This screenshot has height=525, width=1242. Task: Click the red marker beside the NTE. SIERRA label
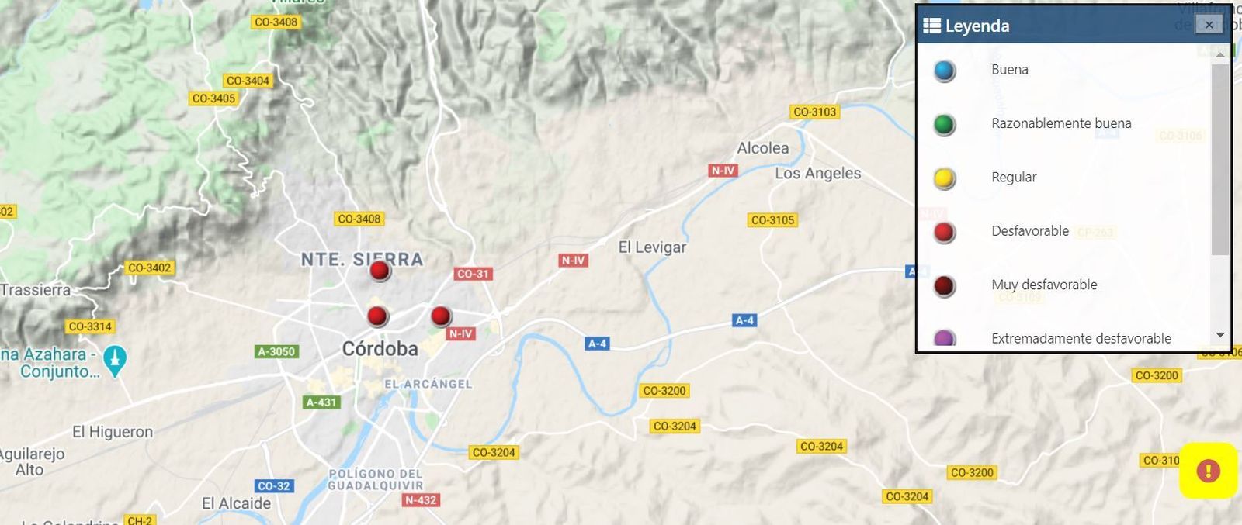coord(380,271)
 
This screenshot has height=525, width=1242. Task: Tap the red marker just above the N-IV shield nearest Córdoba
coord(441,316)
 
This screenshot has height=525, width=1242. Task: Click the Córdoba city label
coord(380,349)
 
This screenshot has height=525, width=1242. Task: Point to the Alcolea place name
coord(762,148)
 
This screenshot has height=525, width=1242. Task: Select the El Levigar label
coord(652,247)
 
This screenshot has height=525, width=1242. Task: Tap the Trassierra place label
coord(36,290)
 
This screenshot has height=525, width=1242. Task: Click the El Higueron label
coord(113,432)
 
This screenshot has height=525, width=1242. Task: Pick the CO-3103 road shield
coord(814,112)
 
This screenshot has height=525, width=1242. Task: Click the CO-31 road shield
coord(473,274)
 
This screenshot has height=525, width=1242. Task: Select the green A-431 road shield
coord(321,402)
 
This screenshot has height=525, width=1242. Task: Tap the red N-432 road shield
coord(421,500)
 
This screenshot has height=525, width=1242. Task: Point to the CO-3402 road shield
coord(149,268)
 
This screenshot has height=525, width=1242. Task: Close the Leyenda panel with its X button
coord(1208,25)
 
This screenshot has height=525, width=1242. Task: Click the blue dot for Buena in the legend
coord(945,71)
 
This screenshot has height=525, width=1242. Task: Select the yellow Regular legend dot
coord(945,179)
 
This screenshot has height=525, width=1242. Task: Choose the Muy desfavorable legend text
coord(1044,285)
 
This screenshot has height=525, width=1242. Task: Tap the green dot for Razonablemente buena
coord(945,125)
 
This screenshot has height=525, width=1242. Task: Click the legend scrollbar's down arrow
coord(1219,335)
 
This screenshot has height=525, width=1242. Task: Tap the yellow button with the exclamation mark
coord(1208,471)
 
